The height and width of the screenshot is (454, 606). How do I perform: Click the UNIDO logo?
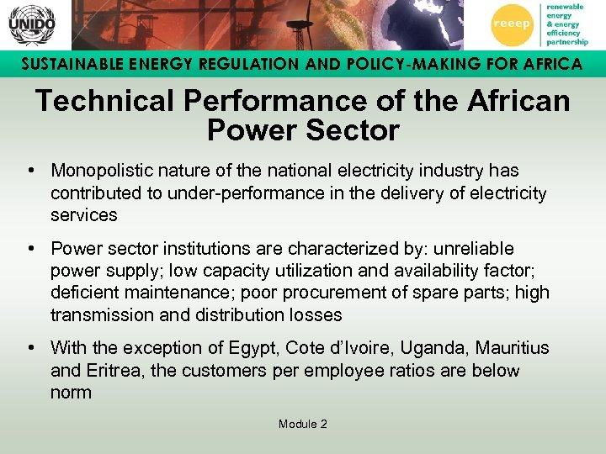click(x=31, y=24)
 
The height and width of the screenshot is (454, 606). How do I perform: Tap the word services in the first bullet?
click(x=83, y=214)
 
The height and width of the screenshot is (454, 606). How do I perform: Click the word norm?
click(x=71, y=392)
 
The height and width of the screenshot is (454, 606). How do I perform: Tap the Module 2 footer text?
click(x=303, y=424)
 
